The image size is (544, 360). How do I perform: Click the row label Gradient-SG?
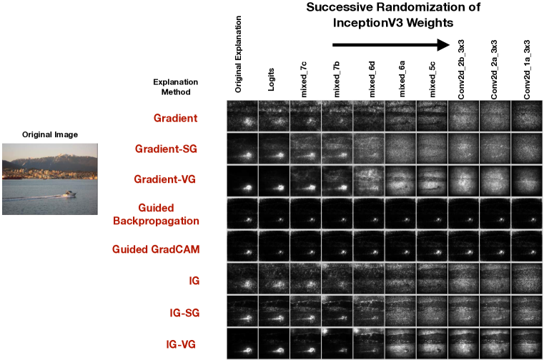167,149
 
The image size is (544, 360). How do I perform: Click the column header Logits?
272,82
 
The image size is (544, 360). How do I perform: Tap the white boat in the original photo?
68,193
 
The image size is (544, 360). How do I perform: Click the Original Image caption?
49,134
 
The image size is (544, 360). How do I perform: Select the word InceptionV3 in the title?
366,23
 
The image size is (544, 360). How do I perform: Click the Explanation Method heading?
176,86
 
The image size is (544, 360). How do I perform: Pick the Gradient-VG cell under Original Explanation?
242,181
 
